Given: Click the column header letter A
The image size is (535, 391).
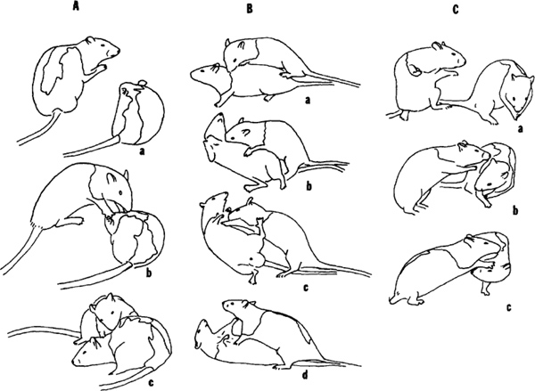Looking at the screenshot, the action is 76,6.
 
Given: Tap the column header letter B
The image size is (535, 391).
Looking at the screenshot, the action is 250,9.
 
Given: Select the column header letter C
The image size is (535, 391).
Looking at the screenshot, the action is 455,10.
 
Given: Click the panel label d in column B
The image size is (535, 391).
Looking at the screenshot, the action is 305,375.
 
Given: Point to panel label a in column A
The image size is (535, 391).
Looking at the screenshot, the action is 143,151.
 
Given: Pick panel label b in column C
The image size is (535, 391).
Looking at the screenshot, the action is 515,210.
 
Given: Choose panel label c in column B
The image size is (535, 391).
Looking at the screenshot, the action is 306,288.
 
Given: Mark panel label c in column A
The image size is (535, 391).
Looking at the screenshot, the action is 151,383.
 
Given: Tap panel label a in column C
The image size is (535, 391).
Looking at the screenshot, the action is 521,129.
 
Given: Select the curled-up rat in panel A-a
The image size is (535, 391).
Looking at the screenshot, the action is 138,112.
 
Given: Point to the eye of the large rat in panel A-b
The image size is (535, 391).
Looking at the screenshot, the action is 120,192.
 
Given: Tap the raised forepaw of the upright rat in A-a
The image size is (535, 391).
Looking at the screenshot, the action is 101,69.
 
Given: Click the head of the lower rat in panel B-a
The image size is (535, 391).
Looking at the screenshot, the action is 207,74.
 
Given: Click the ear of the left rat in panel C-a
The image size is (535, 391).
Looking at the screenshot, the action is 438,45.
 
